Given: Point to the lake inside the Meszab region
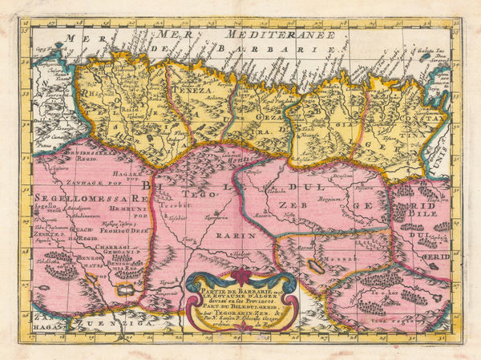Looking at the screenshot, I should coord(314,265).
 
